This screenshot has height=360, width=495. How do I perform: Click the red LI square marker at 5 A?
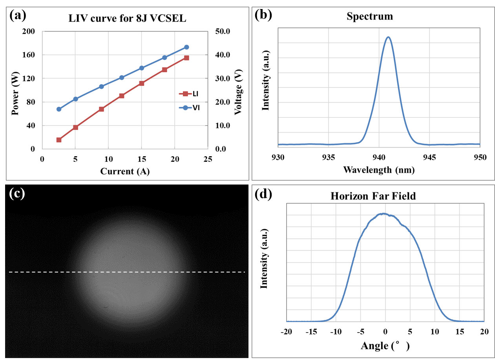(76, 127)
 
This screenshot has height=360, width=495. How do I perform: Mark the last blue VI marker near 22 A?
(186, 47)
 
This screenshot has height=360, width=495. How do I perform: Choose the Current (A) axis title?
(124, 171)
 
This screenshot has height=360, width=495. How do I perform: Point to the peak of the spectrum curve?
(388, 37)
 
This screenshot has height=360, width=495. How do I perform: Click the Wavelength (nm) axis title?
(378, 170)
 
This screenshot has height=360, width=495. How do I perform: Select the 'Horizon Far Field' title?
(373, 196)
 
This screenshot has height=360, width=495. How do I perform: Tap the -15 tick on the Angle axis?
(311, 331)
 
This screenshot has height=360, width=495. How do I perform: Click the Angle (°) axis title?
(385, 346)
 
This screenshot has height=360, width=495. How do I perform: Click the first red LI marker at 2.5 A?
(59, 140)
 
